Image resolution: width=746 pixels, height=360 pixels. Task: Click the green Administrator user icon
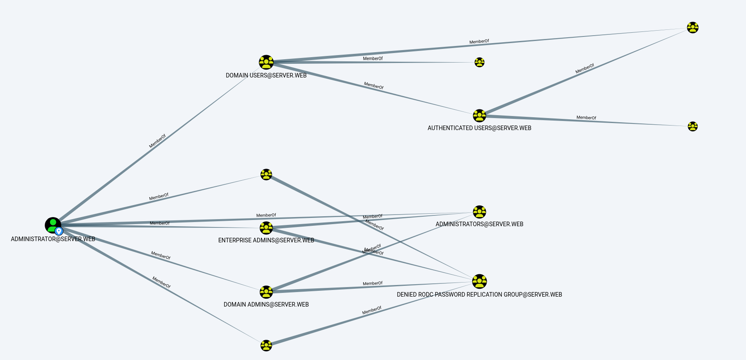click(x=52, y=225)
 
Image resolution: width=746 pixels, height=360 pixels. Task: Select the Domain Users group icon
click(x=266, y=62)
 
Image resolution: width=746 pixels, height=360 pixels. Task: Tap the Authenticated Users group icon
click(x=479, y=116)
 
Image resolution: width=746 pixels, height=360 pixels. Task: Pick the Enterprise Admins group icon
click(x=266, y=228)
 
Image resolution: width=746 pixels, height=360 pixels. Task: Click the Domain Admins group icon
click(x=266, y=292)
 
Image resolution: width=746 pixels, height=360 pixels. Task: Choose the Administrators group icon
click(x=479, y=212)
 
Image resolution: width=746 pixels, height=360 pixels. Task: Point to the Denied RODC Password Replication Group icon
click(x=479, y=281)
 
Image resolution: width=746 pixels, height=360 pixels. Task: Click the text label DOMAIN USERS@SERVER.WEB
click(x=266, y=75)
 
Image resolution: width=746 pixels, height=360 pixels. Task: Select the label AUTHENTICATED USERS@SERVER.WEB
click(x=479, y=128)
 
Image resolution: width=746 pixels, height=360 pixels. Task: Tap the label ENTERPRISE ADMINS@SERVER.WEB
click(x=266, y=240)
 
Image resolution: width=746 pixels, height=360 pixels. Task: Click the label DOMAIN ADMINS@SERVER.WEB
click(x=266, y=304)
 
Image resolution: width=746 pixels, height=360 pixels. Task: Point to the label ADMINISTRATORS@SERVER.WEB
click(x=479, y=224)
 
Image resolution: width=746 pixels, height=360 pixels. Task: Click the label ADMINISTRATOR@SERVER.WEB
click(x=53, y=239)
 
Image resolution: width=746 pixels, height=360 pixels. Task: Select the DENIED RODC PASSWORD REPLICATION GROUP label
click(x=479, y=295)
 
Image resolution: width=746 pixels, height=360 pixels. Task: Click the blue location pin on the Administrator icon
click(x=59, y=231)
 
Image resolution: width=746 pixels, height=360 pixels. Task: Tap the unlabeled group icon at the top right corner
click(x=693, y=28)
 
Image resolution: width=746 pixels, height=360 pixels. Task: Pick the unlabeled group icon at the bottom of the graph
click(x=266, y=345)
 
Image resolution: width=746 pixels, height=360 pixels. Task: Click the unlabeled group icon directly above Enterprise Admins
click(x=266, y=174)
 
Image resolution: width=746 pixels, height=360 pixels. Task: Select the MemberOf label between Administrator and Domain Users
click(x=157, y=141)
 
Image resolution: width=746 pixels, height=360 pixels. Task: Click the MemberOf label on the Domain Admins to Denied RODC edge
click(x=372, y=283)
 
